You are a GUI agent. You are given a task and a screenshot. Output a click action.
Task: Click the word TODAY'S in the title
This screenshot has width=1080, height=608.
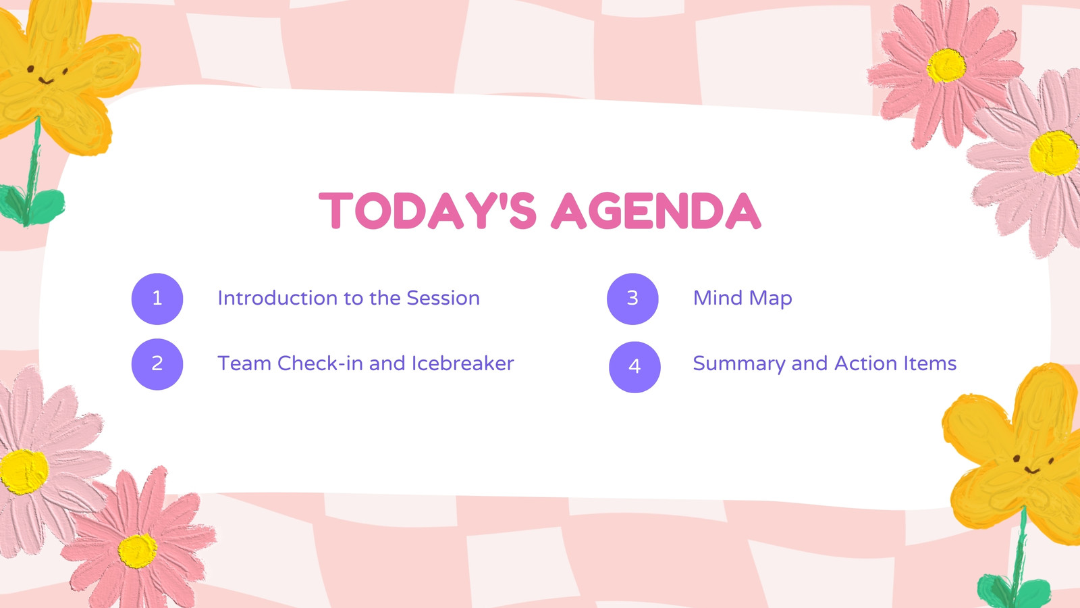(428, 211)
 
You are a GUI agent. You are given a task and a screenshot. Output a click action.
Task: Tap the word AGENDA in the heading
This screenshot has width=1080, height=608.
(656, 211)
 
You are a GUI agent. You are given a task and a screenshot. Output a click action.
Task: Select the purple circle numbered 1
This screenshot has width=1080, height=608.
(157, 299)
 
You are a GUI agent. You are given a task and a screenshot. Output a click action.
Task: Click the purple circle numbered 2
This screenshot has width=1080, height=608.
(157, 364)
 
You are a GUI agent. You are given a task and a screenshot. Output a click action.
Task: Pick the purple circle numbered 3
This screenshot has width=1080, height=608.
(632, 299)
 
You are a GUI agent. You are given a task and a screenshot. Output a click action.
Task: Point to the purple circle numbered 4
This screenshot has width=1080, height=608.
(634, 368)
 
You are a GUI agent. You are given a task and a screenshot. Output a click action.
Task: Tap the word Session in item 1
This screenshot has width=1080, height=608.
(443, 298)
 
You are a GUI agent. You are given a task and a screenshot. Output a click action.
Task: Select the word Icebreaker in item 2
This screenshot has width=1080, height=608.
(463, 363)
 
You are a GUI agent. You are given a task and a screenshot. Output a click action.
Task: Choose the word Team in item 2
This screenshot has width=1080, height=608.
(244, 363)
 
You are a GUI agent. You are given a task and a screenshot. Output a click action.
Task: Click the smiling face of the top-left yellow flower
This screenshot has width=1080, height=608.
(47, 75)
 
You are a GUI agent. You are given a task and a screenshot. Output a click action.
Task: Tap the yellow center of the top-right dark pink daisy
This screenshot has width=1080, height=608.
(946, 65)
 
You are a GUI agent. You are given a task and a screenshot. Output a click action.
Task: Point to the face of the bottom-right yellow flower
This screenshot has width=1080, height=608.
(1032, 464)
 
